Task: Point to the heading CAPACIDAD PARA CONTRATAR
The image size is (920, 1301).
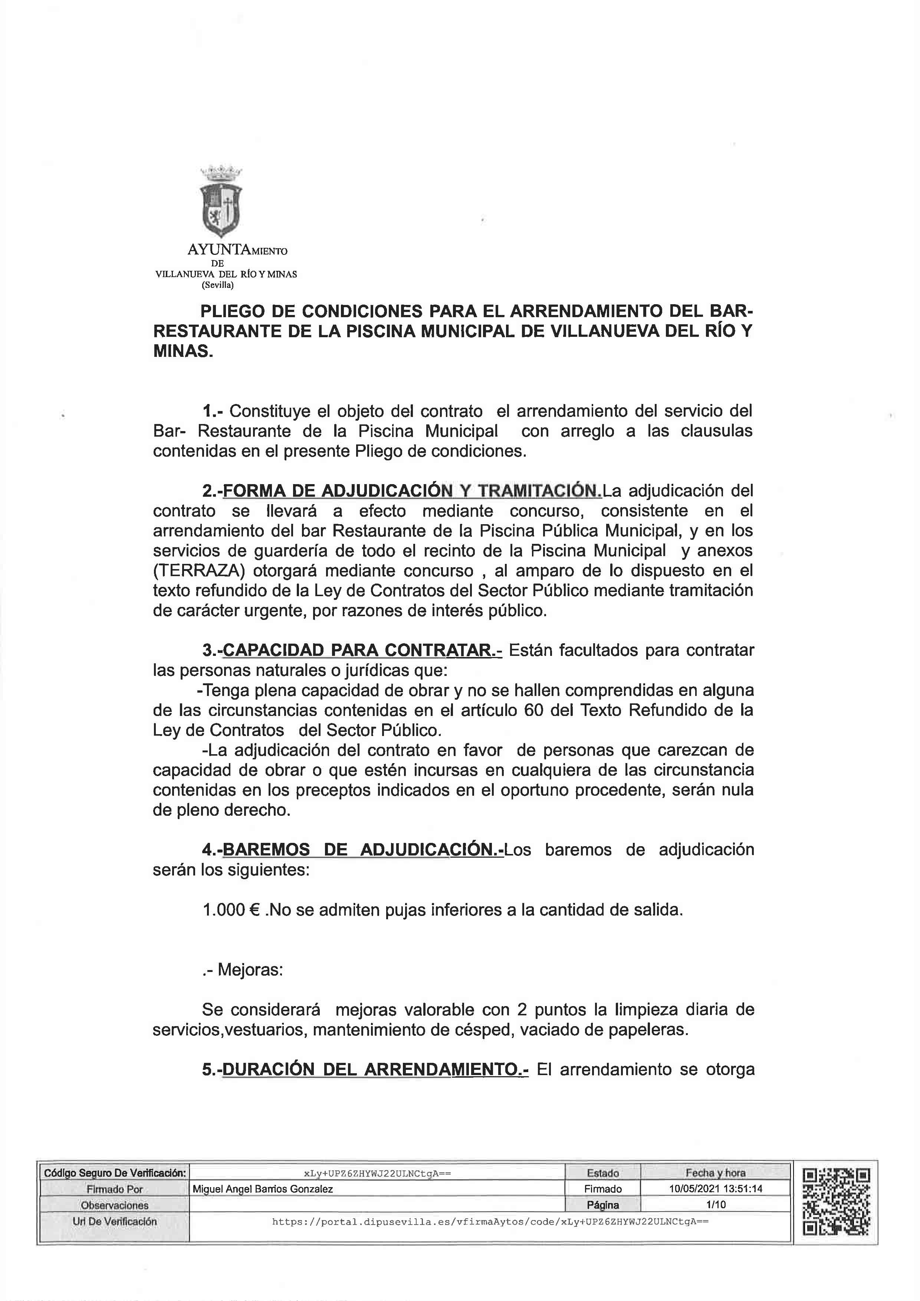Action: [x=362, y=650]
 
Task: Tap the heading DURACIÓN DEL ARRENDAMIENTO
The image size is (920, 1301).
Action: [x=374, y=1069]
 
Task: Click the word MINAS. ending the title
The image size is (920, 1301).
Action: [x=183, y=352]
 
